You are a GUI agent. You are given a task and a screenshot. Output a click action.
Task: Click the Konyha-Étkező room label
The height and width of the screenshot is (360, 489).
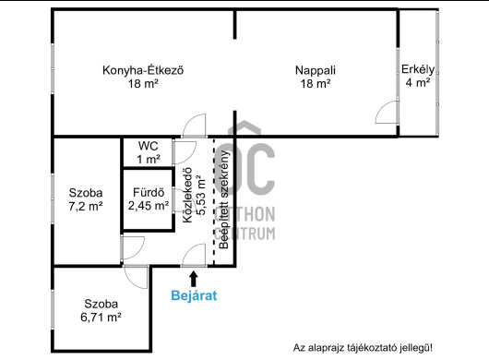pyautogui.click(x=143, y=70)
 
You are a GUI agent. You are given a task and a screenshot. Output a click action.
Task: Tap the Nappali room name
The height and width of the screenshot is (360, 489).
pyautogui.click(x=316, y=70)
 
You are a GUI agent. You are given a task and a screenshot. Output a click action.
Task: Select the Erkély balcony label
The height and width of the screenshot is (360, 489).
pyautogui.click(x=418, y=69)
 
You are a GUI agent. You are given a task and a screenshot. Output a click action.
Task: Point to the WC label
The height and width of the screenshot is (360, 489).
pyautogui.click(x=149, y=146)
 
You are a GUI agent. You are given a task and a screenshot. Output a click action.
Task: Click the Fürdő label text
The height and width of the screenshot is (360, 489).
pyautogui.click(x=149, y=192)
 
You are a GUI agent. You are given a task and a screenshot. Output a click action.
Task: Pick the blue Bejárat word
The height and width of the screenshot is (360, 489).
pyautogui.click(x=194, y=295)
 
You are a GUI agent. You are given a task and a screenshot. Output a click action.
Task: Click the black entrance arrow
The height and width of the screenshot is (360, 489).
pyautogui.click(x=194, y=279)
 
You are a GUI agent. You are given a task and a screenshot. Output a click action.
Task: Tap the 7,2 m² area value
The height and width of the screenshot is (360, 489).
pyautogui.click(x=86, y=206)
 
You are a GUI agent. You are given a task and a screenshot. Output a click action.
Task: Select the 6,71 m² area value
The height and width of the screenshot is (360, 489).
pyautogui.click(x=101, y=318)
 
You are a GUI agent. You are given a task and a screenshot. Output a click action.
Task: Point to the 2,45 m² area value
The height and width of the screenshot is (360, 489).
pyautogui.click(x=149, y=206)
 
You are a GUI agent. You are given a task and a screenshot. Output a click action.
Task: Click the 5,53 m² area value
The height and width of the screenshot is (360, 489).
pyautogui.click(x=201, y=195)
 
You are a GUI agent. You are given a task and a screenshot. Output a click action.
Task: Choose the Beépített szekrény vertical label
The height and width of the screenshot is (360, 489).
pyautogui.click(x=224, y=199)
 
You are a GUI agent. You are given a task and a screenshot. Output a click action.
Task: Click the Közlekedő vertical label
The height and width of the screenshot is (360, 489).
pyautogui.click(x=187, y=196)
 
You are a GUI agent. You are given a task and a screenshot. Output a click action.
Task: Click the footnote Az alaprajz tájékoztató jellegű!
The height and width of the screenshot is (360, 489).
pyautogui.click(x=363, y=347)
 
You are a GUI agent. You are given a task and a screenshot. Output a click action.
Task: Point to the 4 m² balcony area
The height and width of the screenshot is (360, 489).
pyautogui.click(x=418, y=83)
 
